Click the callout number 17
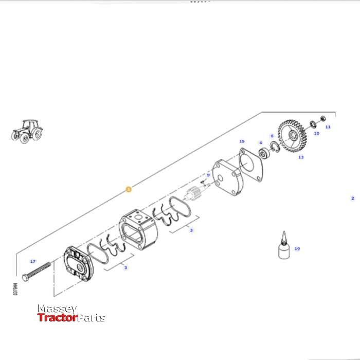point(33,261)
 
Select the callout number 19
point(297,249)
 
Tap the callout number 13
point(301,157)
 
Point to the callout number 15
point(242,141)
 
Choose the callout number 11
point(328,127)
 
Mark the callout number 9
point(208,175)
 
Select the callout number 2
point(353,198)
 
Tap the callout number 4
point(261,143)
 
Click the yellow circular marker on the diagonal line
point(129,189)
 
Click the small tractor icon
point(27,131)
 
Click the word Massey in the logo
point(57,309)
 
